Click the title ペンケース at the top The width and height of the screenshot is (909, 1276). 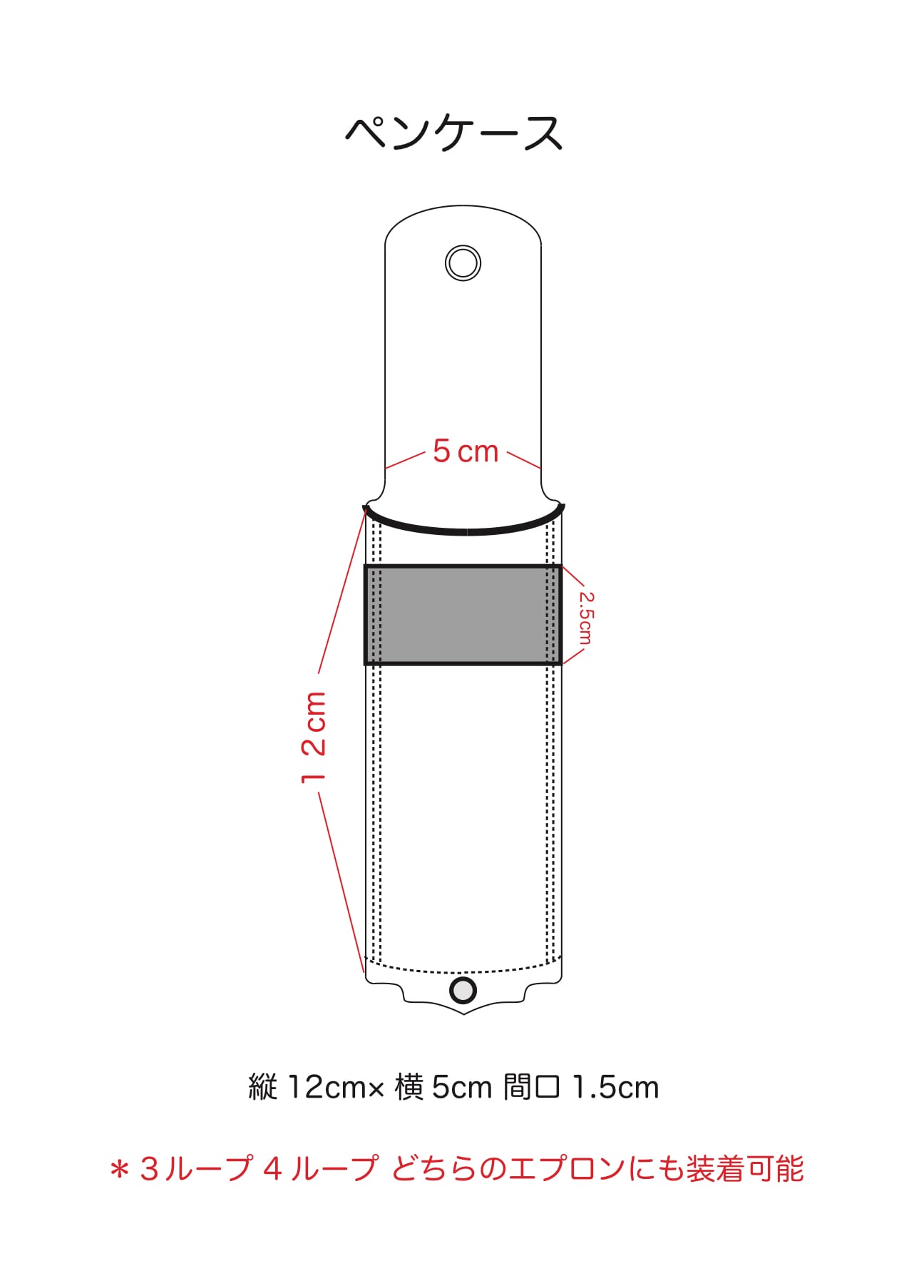pyautogui.click(x=454, y=133)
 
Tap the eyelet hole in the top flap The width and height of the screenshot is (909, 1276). pyautogui.click(x=463, y=262)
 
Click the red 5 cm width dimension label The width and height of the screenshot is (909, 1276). pyautogui.click(x=466, y=451)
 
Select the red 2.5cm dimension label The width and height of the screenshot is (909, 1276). pyautogui.click(x=585, y=618)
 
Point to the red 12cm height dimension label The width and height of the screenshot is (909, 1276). pyautogui.click(x=314, y=737)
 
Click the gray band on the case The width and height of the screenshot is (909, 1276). pyautogui.click(x=463, y=615)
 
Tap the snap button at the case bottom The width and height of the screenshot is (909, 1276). pyautogui.click(x=463, y=990)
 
